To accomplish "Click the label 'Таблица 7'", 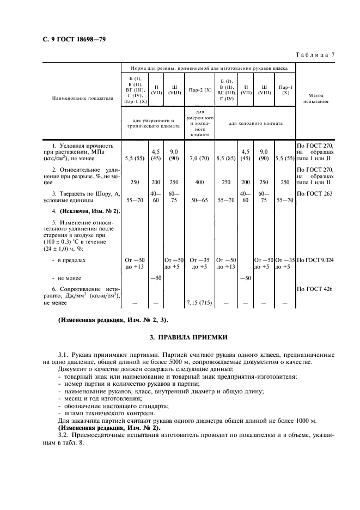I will [315, 54].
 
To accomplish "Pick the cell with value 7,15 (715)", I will [200, 302].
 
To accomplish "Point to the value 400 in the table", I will [200, 183].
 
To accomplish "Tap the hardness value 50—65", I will [200, 200].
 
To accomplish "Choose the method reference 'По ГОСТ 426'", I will [314, 289].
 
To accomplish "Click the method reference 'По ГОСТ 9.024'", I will [315, 260].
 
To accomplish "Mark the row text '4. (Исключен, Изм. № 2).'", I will [82, 210].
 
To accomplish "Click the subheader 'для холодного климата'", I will [255, 123].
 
